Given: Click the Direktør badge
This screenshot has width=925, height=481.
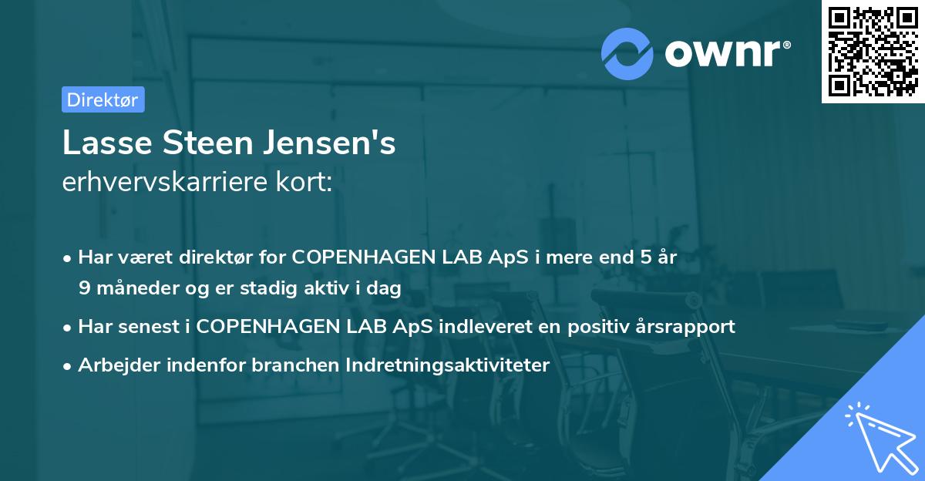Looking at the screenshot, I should (102, 99).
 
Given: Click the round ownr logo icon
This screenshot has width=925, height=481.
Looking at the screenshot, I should (627, 52).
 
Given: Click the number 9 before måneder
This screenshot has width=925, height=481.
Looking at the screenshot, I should (84, 288).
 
